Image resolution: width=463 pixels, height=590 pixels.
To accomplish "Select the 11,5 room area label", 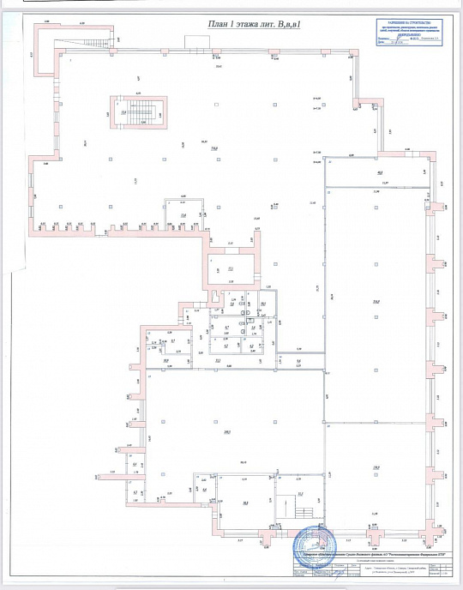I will (300, 495).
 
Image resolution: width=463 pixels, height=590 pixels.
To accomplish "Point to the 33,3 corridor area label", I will (219, 361).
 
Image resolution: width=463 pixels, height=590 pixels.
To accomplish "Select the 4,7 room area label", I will (226, 328).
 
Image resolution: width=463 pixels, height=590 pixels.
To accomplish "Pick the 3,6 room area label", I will (253, 328).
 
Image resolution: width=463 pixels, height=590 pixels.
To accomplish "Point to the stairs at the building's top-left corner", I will (99, 41).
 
